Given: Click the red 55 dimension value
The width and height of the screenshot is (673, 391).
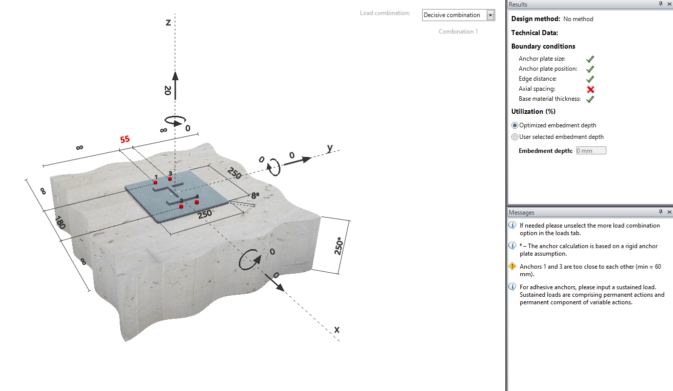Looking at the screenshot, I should click(x=125, y=139).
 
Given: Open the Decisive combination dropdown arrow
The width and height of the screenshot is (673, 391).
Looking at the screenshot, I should click(x=490, y=15).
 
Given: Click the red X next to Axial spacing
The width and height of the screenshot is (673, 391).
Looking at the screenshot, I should click(x=590, y=89).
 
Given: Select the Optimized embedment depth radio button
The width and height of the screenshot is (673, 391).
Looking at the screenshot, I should click(x=515, y=125).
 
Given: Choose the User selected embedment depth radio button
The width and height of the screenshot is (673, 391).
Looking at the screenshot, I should click(x=515, y=137).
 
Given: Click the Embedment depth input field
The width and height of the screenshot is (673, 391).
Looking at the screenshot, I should click(x=591, y=150).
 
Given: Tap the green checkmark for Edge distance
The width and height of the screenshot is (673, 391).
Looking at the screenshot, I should click(x=590, y=79).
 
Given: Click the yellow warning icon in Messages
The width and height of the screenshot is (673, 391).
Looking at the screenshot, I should click(x=512, y=267).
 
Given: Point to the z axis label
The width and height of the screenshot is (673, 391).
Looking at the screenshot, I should click(x=168, y=23).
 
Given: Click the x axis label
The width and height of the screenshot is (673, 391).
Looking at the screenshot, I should click(x=337, y=329).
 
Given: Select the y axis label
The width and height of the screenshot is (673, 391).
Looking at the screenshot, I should click(x=330, y=147).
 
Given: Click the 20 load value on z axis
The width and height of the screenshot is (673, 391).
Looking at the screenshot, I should click(x=168, y=91).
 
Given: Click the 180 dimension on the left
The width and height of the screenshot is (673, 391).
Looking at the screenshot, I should click(x=60, y=223).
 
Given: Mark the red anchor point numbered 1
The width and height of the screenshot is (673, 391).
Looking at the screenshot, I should click(x=155, y=182).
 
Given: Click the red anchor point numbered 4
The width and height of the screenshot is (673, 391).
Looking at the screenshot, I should click(x=197, y=202).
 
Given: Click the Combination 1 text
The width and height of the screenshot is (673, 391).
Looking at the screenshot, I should click(x=458, y=32).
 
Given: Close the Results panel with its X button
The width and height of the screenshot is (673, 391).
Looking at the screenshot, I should click(x=669, y=4).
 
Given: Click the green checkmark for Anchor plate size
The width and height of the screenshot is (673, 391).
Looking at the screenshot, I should click(x=590, y=59).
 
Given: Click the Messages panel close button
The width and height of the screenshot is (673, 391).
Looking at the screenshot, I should click(x=669, y=213).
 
